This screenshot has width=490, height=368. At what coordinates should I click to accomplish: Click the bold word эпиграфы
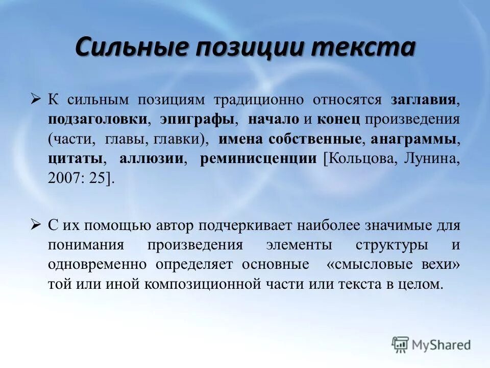[x=197, y=119]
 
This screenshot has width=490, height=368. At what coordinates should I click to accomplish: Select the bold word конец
[x=338, y=119]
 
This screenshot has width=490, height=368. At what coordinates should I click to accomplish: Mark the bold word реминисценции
[x=258, y=158]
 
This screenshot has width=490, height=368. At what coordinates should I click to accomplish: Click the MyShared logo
[x=431, y=345]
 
